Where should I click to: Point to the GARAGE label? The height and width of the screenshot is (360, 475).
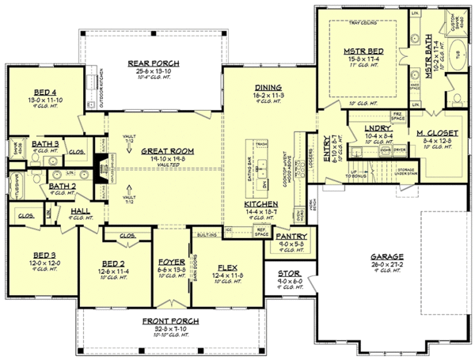pyautogui.click(x=385, y=257)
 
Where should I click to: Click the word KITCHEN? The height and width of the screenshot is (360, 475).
pyautogui.click(x=260, y=204)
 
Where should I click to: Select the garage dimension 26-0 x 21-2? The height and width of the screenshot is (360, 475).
pyautogui.click(x=385, y=265)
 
